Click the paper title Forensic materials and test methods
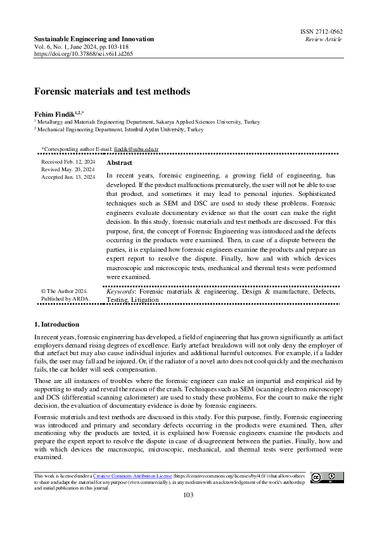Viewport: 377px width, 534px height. [x=112, y=91]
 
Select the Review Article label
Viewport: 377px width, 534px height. [x=323, y=39]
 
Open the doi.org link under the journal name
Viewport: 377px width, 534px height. [x=83, y=55]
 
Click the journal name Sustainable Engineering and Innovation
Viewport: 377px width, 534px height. [x=94, y=39]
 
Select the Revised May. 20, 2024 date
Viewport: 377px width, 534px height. [x=68, y=170]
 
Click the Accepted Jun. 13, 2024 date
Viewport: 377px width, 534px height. [x=68, y=178]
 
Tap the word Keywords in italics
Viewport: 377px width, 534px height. [x=120, y=292]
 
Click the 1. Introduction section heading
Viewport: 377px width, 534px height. [x=56, y=324]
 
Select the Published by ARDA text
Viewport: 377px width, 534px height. [x=65, y=299]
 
